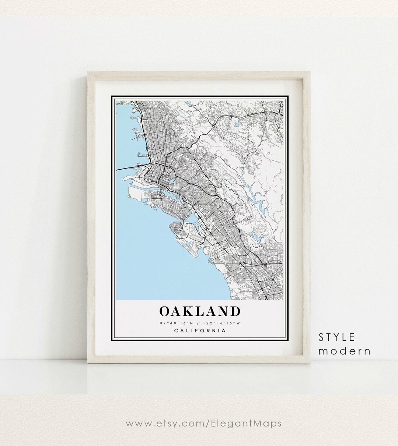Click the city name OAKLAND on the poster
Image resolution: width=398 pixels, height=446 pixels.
200,311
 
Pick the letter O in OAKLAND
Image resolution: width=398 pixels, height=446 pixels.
165,311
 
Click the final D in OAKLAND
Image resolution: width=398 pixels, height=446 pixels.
234,311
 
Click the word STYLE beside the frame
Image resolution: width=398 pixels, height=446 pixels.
337,337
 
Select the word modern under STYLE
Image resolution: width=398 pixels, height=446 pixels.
344,351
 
